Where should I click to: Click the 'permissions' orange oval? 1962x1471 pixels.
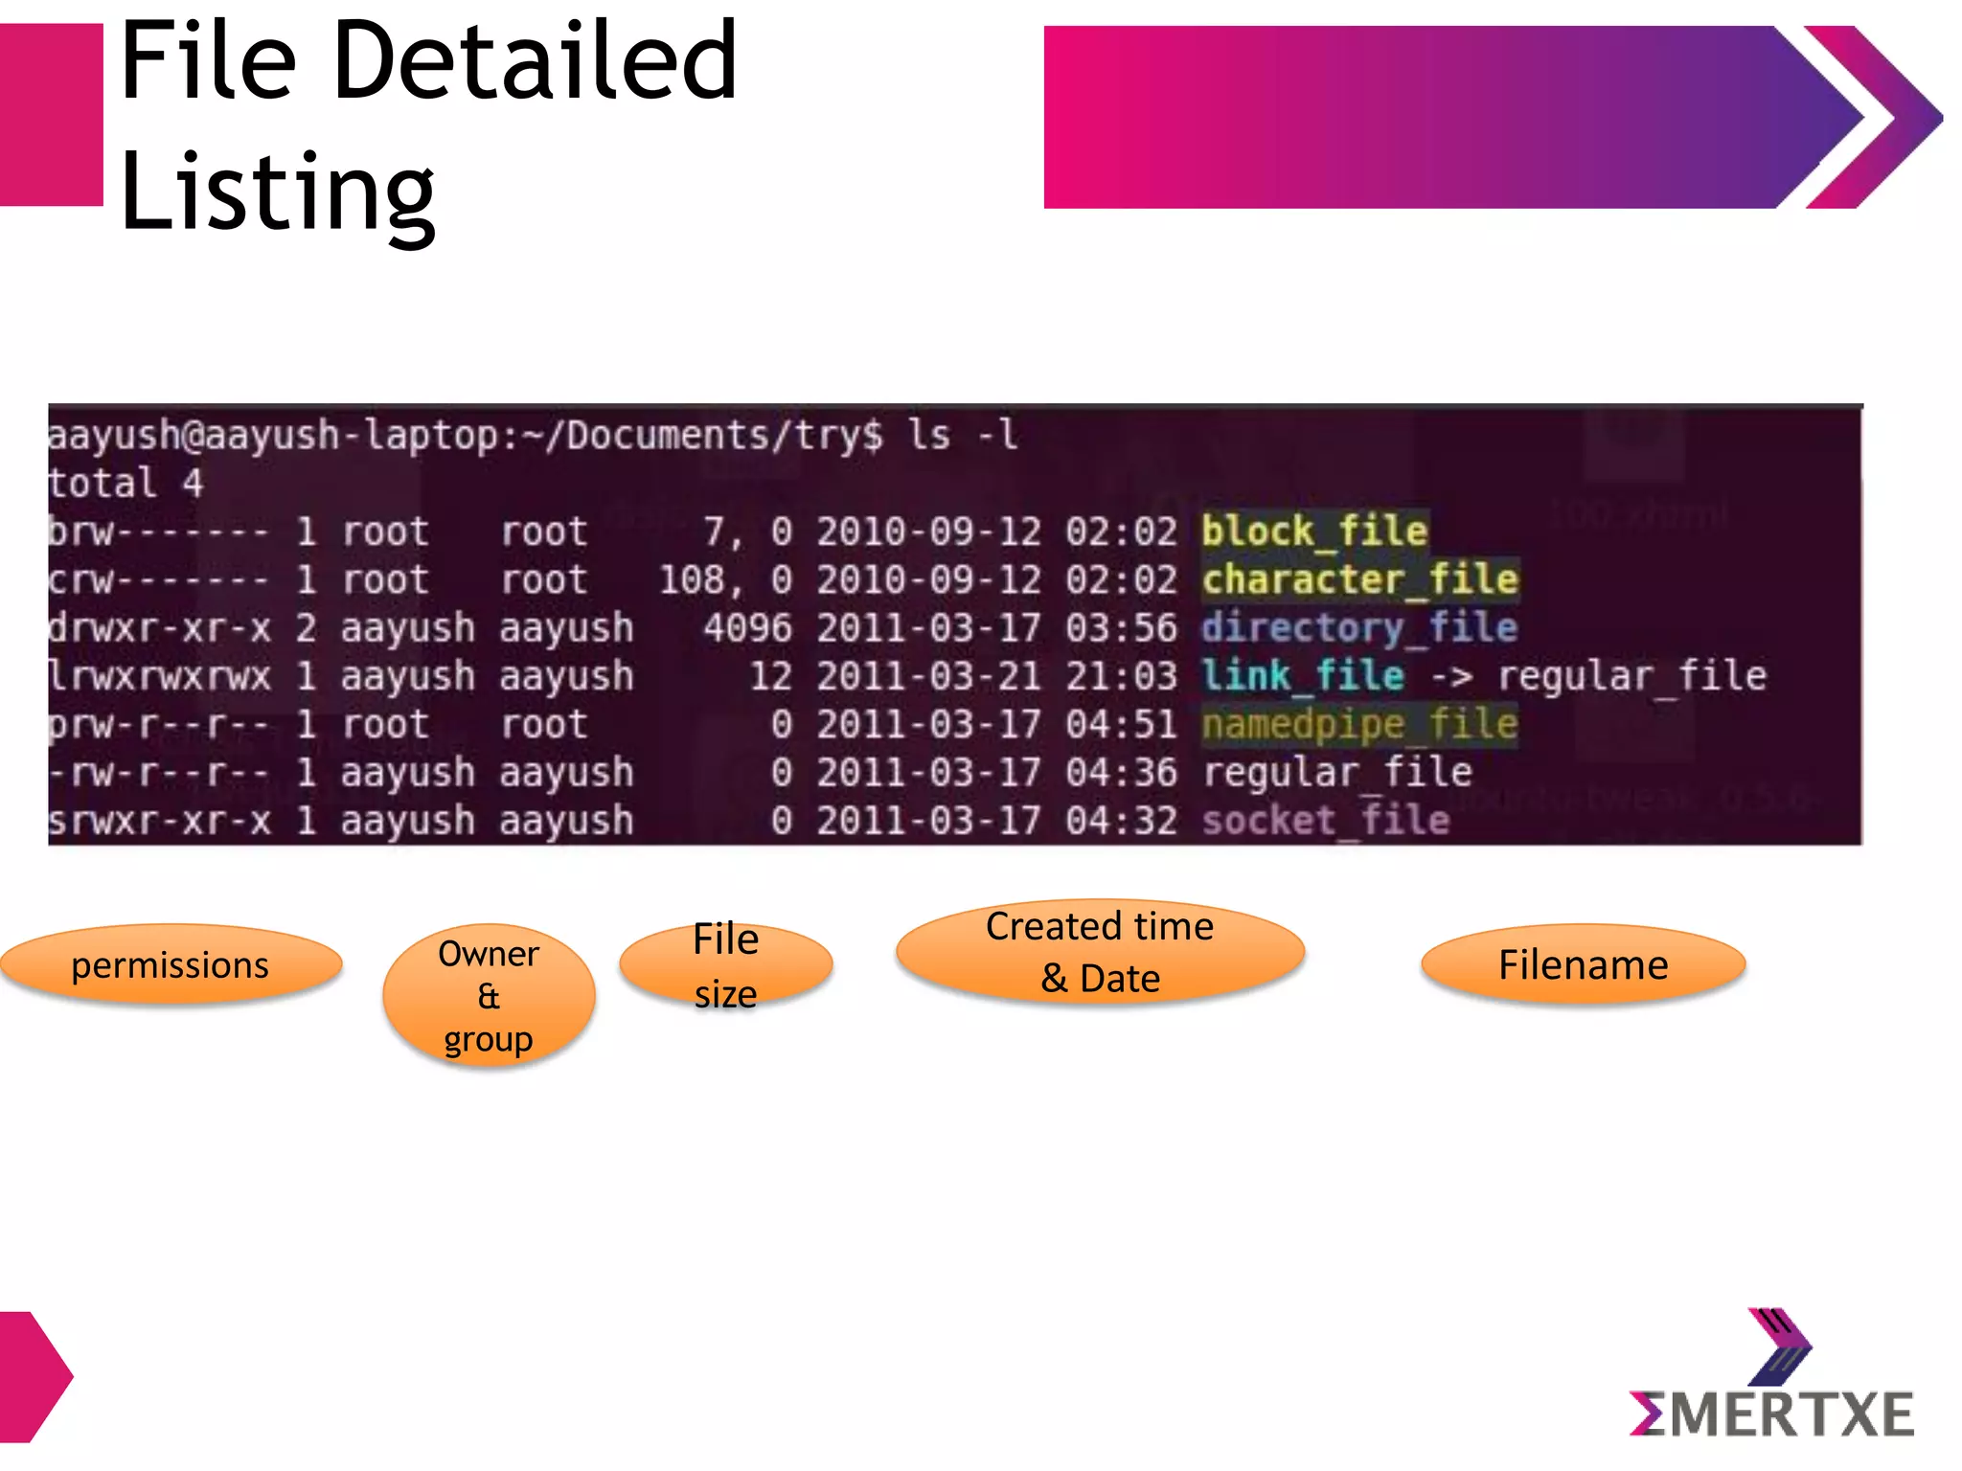point(171,964)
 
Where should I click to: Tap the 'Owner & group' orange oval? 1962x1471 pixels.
point(489,996)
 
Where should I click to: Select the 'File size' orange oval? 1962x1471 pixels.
point(726,964)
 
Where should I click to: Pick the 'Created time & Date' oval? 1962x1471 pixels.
point(1100,952)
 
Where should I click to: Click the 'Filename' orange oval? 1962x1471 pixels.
point(1583,964)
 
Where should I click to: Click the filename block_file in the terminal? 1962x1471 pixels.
point(1314,532)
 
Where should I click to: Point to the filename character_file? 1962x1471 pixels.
point(1359,580)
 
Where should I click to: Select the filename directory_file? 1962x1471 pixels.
point(1359,628)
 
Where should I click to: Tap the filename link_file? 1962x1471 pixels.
point(1303,676)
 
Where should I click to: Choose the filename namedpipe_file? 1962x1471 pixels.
point(1359,724)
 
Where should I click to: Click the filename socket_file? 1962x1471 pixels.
point(1326,821)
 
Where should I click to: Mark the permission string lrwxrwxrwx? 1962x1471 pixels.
point(160,676)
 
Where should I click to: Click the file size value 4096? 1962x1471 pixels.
point(747,628)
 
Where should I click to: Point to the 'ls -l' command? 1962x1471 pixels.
point(962,436)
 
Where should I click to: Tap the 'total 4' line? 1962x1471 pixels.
point(125,484)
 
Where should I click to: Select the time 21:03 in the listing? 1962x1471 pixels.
point(1121,676)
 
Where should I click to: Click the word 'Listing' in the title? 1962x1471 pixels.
point(278,192)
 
